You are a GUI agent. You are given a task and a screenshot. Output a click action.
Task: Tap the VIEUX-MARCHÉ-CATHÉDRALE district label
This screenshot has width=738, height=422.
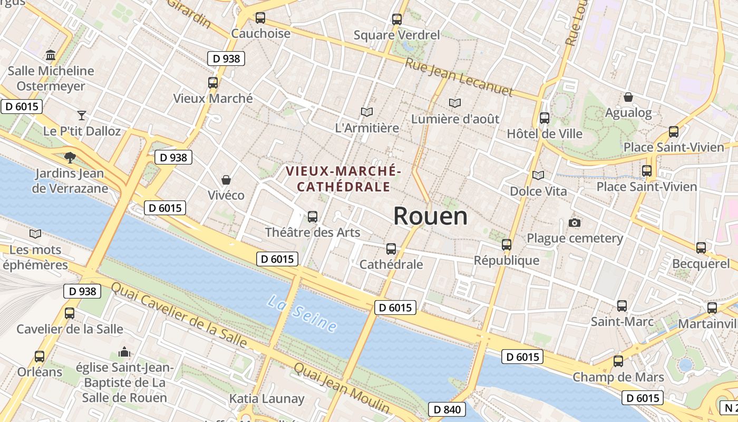coord(344,179)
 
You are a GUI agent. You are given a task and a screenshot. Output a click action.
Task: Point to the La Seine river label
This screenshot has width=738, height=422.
coord(302,314)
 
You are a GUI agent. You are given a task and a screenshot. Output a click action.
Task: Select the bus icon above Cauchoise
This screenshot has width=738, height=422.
coord(260,18)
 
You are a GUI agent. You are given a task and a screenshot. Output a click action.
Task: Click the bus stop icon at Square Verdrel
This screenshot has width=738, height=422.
coord(397,20)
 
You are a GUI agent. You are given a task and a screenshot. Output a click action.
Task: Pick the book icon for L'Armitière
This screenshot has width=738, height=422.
coord(367,112)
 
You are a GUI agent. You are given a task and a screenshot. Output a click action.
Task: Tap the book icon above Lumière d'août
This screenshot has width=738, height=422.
coord(455,103)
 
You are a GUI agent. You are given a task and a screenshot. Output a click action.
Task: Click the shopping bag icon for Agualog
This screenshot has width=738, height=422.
coord(628,97)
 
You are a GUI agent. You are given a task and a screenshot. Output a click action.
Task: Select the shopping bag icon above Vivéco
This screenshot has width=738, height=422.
coord(226,180)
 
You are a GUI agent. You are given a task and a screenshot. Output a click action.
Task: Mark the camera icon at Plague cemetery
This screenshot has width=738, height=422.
coord(575,223)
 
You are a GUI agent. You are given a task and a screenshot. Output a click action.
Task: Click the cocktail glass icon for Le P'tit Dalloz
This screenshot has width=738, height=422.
coord(82,115)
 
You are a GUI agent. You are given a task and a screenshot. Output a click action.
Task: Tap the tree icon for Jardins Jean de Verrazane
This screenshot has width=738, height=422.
coord(70,157)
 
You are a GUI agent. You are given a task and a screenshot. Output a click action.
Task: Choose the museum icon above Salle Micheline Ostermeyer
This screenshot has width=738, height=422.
coord(51,55)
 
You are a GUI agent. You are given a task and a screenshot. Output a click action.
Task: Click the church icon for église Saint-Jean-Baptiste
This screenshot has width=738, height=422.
coord(124,351)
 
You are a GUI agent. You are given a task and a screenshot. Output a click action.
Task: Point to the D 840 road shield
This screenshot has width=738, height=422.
coord(447,409)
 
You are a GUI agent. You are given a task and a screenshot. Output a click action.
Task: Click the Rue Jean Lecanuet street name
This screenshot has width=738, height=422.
coord(459,77)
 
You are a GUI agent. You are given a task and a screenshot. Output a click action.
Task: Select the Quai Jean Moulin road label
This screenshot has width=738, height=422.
coord(342,388)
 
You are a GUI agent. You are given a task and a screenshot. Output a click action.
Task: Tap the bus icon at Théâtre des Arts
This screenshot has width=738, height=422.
coord(313,216)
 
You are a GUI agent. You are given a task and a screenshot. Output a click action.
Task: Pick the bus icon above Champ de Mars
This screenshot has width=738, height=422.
coord(618,361)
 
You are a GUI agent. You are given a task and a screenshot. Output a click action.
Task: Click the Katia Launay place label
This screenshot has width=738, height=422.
coord(267,399)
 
